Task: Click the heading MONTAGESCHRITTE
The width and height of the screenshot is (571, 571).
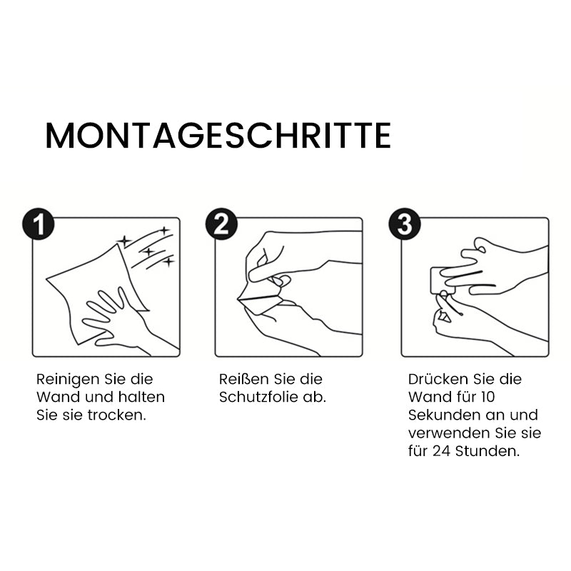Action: (x=218, y=136)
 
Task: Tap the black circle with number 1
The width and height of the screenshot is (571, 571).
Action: (x=37, y=224)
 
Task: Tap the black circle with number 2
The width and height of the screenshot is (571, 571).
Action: (x=221, y=224)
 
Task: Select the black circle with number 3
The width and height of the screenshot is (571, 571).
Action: (x=405, y=224)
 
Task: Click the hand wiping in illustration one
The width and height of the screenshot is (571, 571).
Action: (x=114, y=318)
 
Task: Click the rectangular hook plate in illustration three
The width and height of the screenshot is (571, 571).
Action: (x=439, y=280)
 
